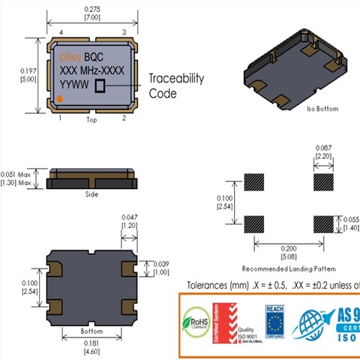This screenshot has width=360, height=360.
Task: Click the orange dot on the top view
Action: (x=60, y=100)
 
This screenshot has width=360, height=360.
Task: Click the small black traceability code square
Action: (x=100, y=87)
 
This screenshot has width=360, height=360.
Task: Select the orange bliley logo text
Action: (x=70, y=56)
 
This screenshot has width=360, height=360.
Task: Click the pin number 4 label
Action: (x=61, y=31)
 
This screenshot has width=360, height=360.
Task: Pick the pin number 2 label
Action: (x=124, y=118)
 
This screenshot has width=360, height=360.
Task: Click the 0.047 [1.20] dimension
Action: (x=130, y=220)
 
